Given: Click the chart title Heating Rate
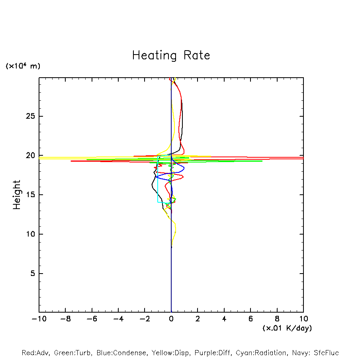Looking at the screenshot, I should click(171, 55).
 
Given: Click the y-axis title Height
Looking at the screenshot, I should click(17, 195).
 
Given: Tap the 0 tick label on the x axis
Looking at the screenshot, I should click(171, 319).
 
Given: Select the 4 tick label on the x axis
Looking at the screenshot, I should click(224, 319).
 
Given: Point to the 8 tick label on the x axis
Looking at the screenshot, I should click(277, 319).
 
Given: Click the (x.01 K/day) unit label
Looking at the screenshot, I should click(287, 328).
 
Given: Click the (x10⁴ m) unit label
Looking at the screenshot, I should click(23, 66).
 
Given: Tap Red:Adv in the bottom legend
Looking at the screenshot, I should click(35, 353).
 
